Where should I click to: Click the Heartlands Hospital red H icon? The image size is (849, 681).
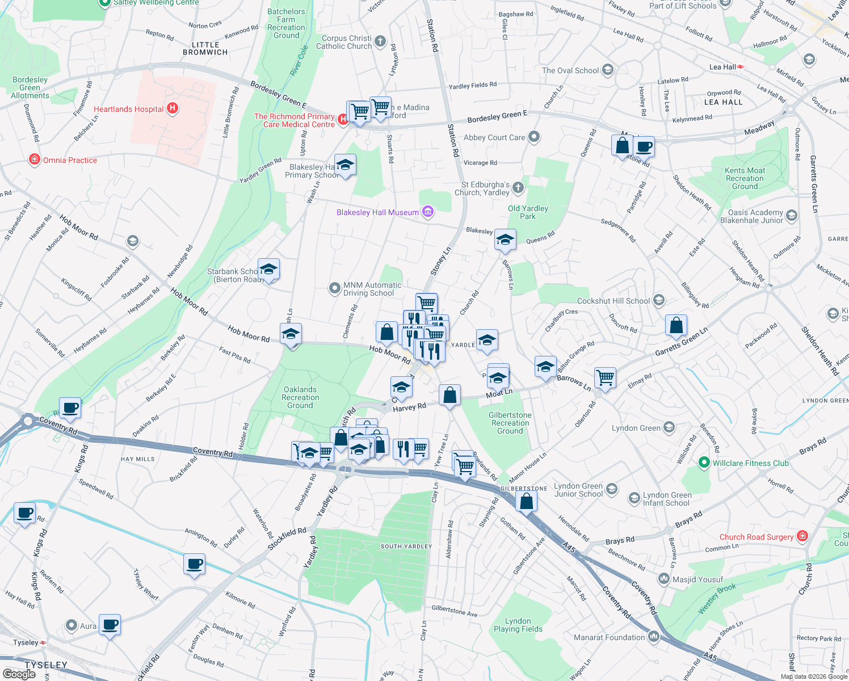point(173,108)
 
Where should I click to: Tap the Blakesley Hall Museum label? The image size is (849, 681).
point(377,212)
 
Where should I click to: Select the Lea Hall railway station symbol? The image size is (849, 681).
point(741,67)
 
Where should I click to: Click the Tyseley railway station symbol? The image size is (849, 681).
point(43,642)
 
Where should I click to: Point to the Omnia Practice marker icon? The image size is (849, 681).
point(35,159)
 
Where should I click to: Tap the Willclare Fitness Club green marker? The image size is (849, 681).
point(704,463)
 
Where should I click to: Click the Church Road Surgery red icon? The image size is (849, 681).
point(802,536)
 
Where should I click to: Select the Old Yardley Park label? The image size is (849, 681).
point(528,212)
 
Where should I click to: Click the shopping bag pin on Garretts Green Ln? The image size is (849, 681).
point(676,326)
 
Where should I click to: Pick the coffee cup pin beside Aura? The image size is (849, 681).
point(110,625)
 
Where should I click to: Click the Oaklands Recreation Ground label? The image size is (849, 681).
point(300,397)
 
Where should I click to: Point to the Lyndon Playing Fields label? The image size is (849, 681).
point(518,625)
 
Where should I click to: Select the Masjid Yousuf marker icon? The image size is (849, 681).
point(663,579)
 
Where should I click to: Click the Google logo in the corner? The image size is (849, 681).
point(19,674)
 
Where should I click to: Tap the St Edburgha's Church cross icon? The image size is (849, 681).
point(518,187)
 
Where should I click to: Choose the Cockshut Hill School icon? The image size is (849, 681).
point(659,300)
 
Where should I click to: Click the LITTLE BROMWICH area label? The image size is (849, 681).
point(205,48)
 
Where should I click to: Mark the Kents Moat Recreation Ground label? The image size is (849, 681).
point(745,178)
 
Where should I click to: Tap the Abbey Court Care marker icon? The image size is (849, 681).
point(533,137)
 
